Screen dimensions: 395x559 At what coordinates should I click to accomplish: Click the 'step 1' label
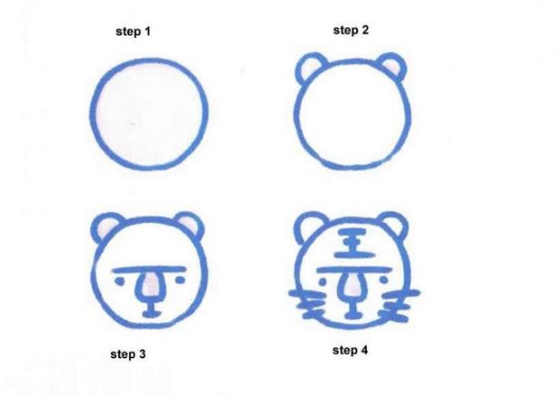[x=133, y=32]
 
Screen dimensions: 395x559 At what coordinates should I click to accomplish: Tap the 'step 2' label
[x=351, y=30]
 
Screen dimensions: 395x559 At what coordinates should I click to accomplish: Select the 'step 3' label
[x=128, y=354]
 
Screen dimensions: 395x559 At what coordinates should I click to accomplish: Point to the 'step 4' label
[x=350, y=350]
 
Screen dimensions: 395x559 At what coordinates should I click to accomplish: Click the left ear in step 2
[x=312, y=68]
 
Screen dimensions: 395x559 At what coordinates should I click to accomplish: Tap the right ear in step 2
[x=392, y=67]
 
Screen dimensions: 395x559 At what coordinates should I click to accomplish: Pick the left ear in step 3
[x=109, y=226]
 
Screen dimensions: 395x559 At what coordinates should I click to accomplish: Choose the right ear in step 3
[x=188, y=225]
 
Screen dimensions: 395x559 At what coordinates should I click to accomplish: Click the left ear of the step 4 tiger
[x=312, y=226]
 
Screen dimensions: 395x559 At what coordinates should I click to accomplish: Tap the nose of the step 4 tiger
[x=351, y=288]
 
